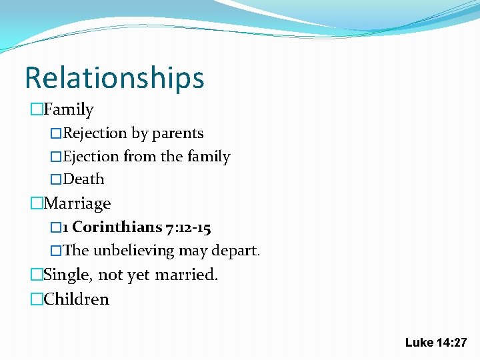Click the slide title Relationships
114,78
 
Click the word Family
69,109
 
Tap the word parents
177,133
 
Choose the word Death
84,179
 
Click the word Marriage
77,203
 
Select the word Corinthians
117,228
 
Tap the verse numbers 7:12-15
187,228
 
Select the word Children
76,299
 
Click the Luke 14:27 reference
436,343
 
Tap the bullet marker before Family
37,109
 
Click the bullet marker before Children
37,299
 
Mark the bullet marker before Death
57,179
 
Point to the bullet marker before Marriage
37,203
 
